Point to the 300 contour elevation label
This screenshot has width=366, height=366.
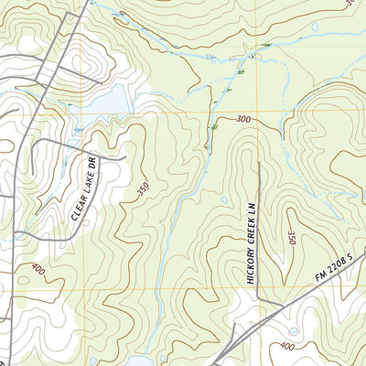[x=242, y=120]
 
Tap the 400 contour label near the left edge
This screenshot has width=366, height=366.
[x=38, y=270]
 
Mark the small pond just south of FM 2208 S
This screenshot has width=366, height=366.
[x=293, y=330]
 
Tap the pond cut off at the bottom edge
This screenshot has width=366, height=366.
[x=137, y=361]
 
